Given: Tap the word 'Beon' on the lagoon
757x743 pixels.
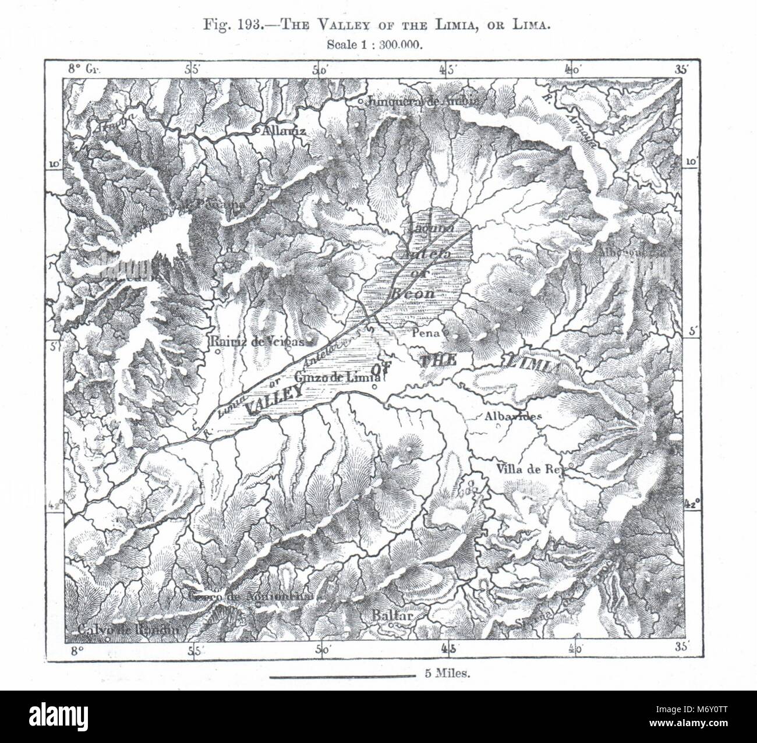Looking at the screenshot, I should pyautogui.click(x=414, y=293).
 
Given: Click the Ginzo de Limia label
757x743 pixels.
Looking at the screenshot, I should pyautogui.click(x=334, y=375).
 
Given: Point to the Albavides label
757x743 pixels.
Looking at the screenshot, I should pyautogui.click(x=513, y=416).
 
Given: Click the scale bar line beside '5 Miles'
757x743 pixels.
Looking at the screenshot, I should pyautogui.click(x=342, y=676).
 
